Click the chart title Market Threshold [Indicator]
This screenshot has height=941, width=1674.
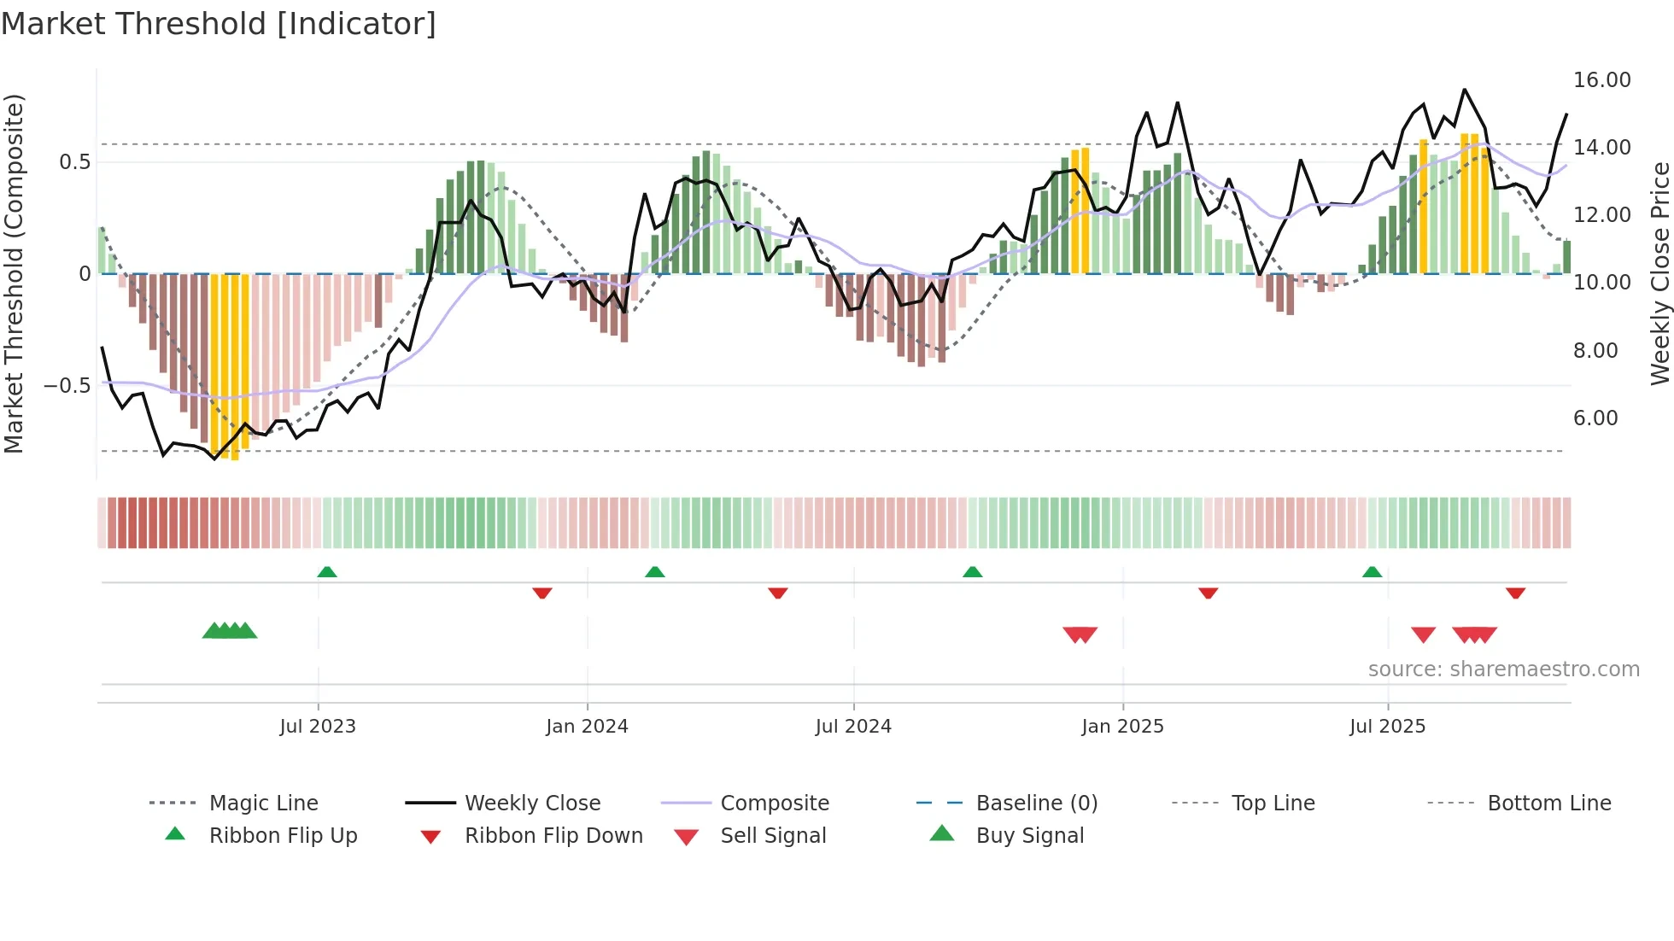tap(219, 24)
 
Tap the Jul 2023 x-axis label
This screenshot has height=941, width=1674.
tap(318, 726)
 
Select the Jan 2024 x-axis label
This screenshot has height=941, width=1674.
tap(587, 726)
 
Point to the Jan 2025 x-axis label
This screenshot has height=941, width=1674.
tap(1122, 726)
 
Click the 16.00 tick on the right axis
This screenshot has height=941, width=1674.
tap(1601, 80)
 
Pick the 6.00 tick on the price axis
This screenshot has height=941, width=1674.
tap(1595, 418)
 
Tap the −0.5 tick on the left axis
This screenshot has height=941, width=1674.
tap(67, 386)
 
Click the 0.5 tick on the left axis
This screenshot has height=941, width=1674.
tap(74, 162)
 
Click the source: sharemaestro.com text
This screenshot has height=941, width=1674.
tap(1503, 669)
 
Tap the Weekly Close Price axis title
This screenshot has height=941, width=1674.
tap(1659, 273)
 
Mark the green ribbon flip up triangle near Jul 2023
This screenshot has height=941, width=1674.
tap(327, 572)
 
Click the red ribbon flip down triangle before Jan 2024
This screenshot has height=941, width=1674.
tap(542, 593)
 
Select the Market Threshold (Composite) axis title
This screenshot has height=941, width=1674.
tap(14, 273)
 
